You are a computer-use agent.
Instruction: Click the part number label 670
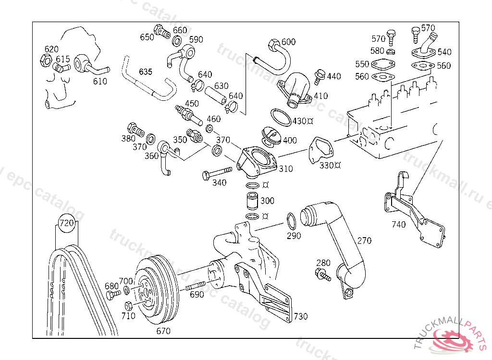[x=163, y=331]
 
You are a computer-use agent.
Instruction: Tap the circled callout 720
[x=67, y=223]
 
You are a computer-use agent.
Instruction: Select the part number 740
[x=398, y=224]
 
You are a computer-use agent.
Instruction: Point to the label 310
[x=285, y=169]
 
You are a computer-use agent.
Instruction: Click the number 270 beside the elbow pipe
[x=364, y=240]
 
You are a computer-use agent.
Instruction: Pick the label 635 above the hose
[x=145, y=72]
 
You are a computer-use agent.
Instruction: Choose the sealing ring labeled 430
[x=281, y=118]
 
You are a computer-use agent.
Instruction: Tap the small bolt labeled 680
[x=113, y=294]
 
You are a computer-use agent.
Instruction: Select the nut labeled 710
[x=128, y=305]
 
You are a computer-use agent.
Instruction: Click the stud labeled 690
[x=194, y=288]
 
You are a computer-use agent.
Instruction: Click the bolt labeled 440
[x=319, y=75]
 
